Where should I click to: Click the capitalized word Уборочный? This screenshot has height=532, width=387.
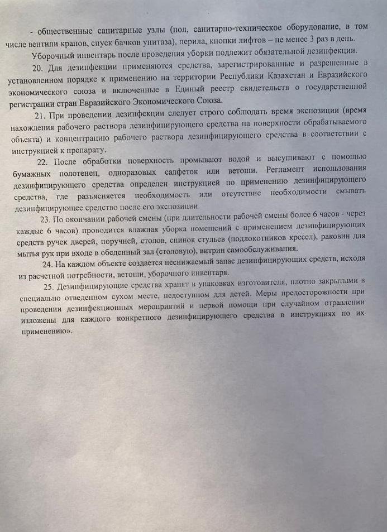[x=52, y=55]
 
